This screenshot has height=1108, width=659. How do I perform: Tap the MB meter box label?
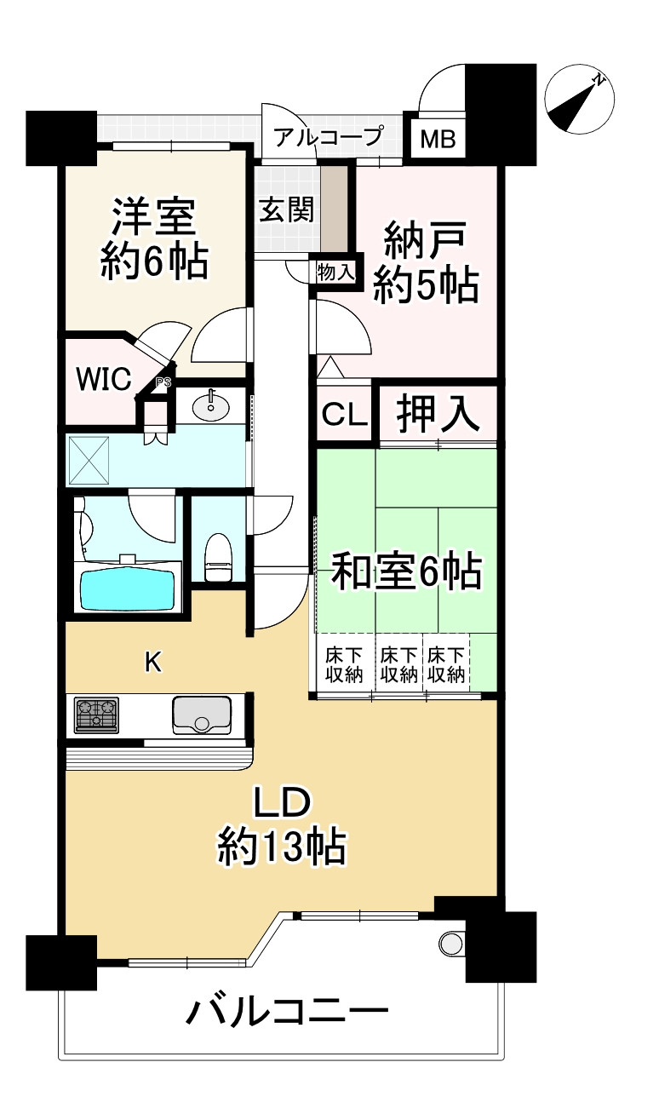pos(439,139)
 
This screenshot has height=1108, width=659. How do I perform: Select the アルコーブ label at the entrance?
pos(329,136)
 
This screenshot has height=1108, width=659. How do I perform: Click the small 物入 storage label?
pos(334,273)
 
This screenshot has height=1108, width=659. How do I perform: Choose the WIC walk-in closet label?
pos(105,378)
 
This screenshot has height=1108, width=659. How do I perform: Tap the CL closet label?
pos(345,415)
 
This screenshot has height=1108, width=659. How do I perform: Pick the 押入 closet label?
pos(437,413)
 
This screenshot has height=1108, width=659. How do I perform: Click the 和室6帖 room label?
pos(406,571)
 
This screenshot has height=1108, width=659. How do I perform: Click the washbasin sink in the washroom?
pos(210,406)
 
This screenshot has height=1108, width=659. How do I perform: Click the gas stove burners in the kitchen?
pos(97,715)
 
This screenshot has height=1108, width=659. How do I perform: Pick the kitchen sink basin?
pos(202,715)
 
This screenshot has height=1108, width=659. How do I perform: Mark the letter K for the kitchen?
pos(152,662)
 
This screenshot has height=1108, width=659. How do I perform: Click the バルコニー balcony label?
pos(288,1013)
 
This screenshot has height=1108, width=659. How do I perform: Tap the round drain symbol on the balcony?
pos(451,943)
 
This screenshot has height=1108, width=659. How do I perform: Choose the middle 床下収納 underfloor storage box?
pos(398,664)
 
